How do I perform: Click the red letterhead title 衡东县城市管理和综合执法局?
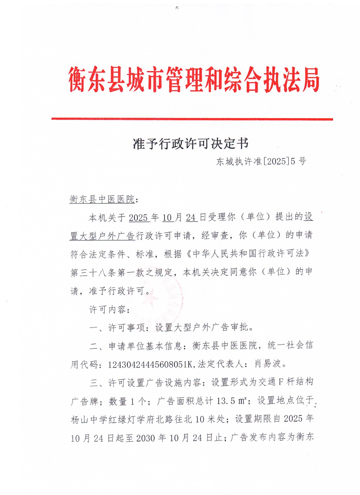[x=194, y=80]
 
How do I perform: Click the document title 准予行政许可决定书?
[x=191, y=144]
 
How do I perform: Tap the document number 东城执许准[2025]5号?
[x=261, y=161]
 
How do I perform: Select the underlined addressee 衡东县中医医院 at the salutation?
[x=102, y=199]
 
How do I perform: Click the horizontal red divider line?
[x=192, y=119]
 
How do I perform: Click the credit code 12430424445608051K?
[x=150, y=364]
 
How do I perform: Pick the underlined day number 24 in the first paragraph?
[x=191, y=218]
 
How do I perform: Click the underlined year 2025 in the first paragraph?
[x=138, y=218]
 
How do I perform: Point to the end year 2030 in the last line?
[x=146, y=438]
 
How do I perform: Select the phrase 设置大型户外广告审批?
[x=202, y=328]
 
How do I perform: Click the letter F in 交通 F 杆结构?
[x=281, y=382]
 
